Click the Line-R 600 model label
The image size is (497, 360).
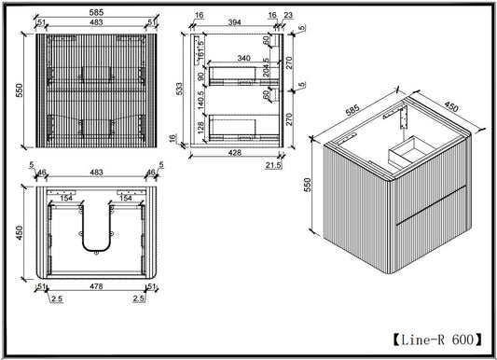pos(437,340)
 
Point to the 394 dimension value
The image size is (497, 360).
pos(235,22)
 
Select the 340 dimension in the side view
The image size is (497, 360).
pos(243,58)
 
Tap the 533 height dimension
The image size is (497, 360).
pos(179,89)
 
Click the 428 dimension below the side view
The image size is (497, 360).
pos(235,152)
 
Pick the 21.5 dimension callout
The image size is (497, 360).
pos(273,165)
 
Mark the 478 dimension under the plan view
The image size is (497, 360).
pos(96,286)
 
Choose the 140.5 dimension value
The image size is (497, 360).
pos(200,100)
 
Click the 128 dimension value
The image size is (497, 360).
pos(200,128)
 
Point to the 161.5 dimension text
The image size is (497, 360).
pos(200,50)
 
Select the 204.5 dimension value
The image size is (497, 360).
pos(266,67)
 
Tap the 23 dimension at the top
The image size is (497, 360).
pos(288,15)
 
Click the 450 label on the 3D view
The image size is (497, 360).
pos(451,107)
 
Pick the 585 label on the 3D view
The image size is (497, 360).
pos(352,110)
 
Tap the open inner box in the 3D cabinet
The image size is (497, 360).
pos(411,152)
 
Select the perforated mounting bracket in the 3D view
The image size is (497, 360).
pos(404,117)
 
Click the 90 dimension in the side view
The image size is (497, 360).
pos(200,76)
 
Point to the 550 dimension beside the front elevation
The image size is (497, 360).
pos(20,90)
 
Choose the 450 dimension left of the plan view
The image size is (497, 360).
pos(20,232)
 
